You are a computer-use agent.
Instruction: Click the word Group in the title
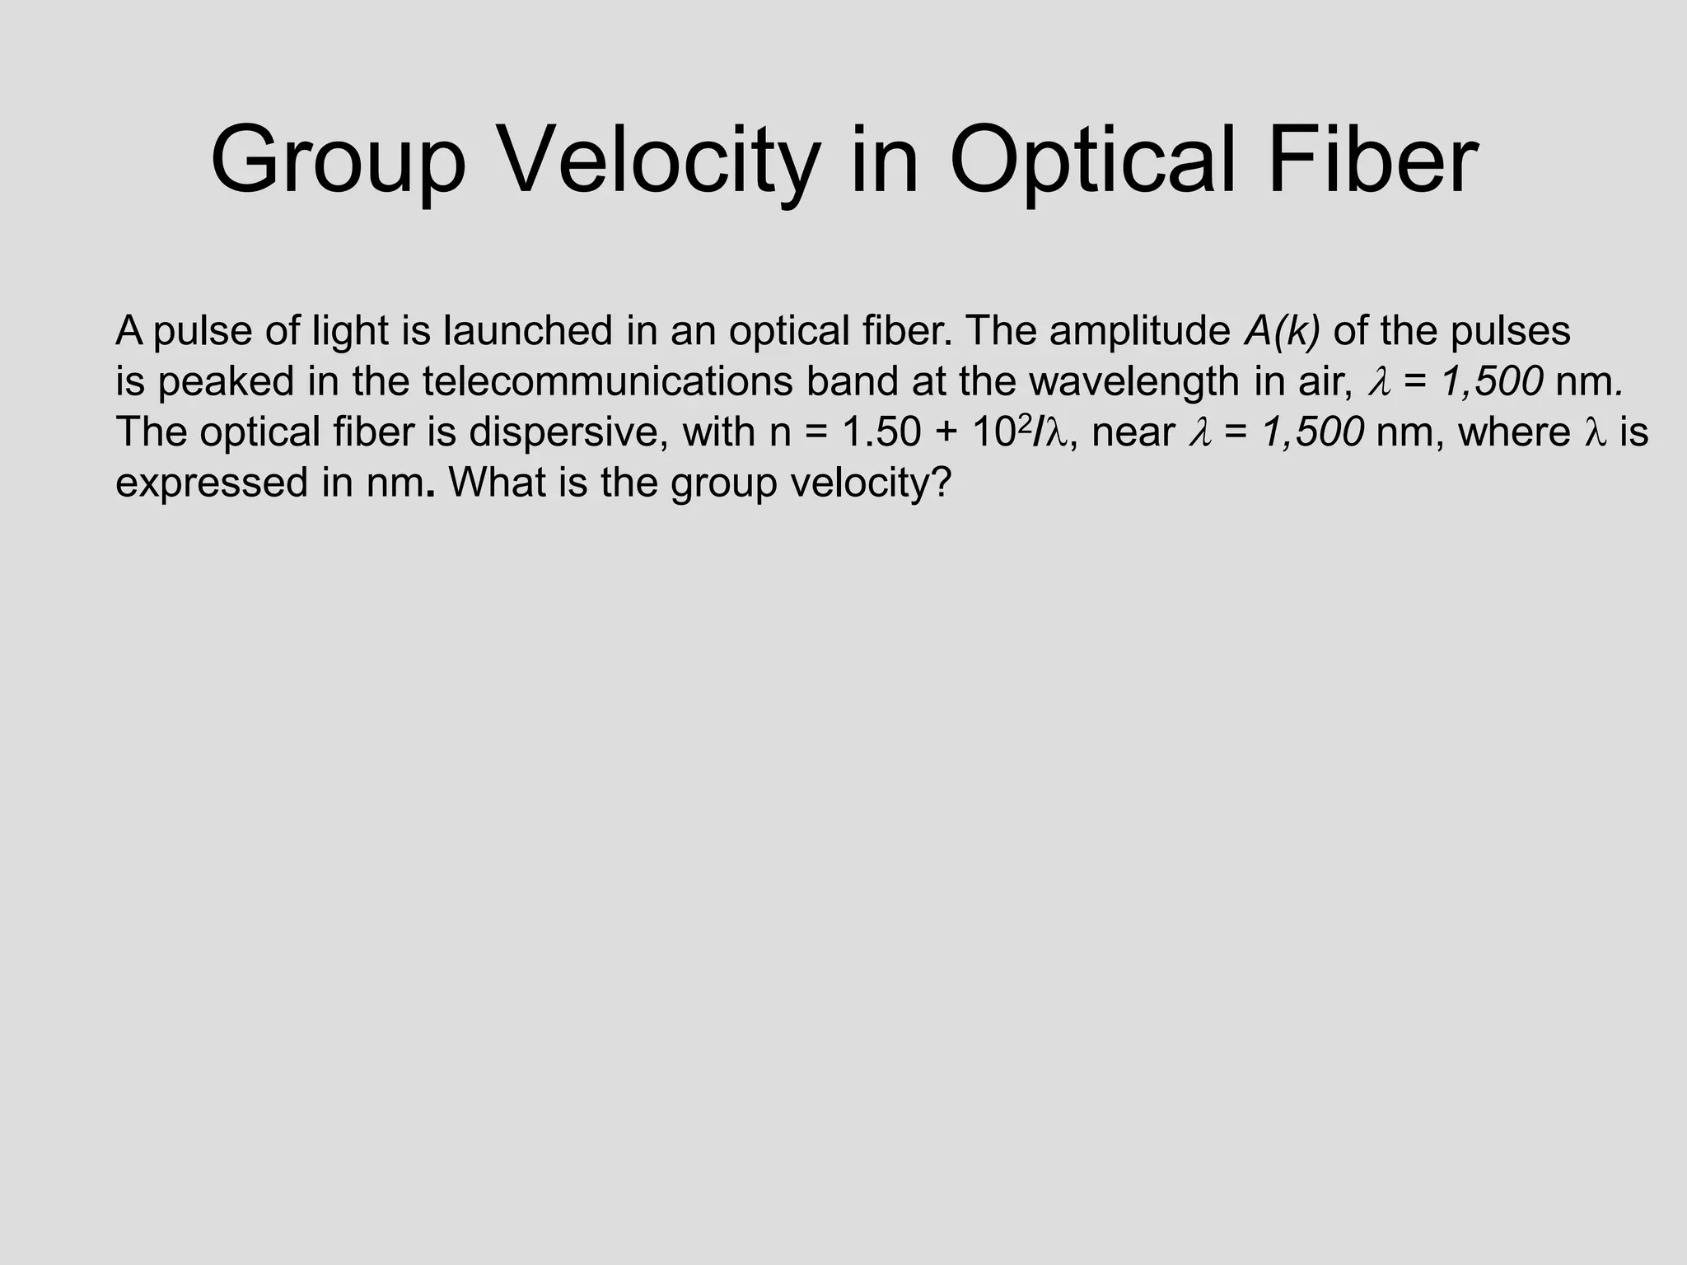click(x=338, y=161)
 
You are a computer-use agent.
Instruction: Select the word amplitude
click(x=1139, y=331)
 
